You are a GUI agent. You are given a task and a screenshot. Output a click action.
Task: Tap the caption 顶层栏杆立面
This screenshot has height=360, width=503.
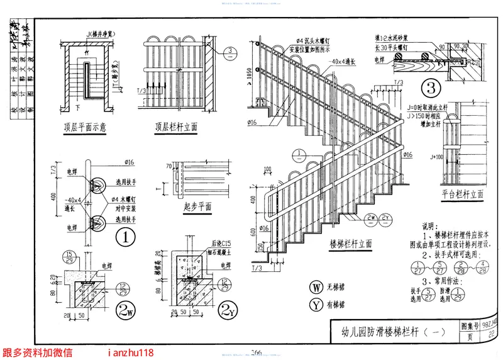point(177,126)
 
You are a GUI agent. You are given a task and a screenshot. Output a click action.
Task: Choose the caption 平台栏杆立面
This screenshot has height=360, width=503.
point(462,194)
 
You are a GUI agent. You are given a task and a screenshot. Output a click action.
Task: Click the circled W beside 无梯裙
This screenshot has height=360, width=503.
point(316,289)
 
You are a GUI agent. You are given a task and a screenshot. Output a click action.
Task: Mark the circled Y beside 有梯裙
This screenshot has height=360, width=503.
point(316,305)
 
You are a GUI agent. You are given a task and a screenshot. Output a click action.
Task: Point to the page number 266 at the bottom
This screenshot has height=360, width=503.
point(257,352)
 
